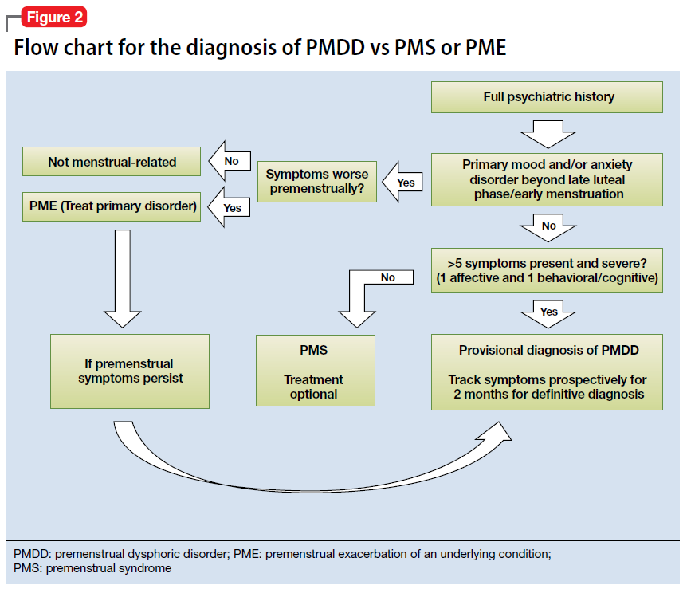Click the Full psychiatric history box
[548, 97]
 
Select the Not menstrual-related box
[112, 162]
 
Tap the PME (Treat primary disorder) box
[112, 206]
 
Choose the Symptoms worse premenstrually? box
[316, 182]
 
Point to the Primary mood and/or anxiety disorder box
[548, 179]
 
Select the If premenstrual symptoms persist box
[129, 371]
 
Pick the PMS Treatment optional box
[315, 371]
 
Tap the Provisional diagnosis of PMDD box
[548, 371]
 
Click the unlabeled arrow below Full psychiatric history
[548, 133]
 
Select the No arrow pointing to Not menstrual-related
[230, 161]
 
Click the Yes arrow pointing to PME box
[230, 207]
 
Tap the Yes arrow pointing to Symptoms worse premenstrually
[403, 182]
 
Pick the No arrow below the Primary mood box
[548, 227]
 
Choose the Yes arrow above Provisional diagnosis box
[548, 312]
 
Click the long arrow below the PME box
[123, 279]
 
